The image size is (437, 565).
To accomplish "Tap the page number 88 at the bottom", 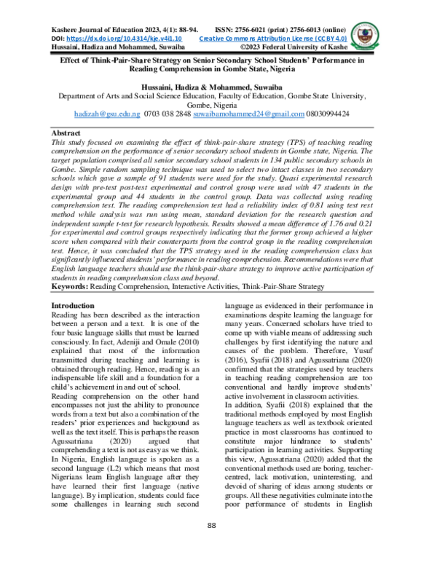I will point(213,526).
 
